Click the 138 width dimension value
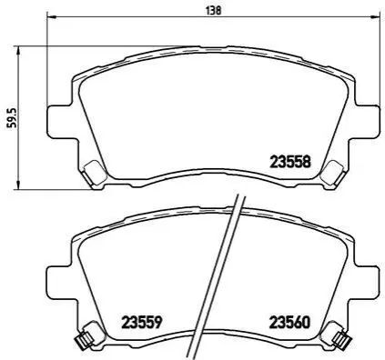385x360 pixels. click(214, 10)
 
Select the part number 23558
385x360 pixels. click(290, 162)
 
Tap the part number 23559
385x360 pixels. click(140, 323)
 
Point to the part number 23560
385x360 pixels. click(289, 323)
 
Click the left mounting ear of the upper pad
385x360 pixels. click(60, 122)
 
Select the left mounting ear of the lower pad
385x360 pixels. click(60, 282)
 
